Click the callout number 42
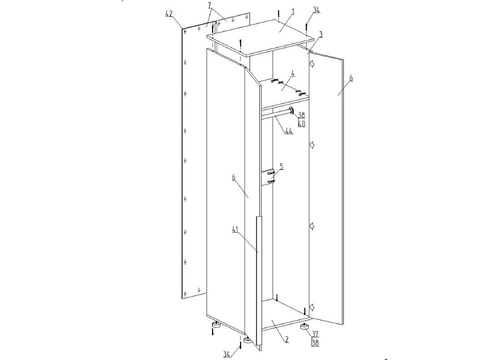169,13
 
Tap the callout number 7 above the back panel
209,5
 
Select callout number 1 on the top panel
293,12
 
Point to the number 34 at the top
316,10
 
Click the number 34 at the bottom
226,353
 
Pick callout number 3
321,34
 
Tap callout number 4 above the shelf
292,74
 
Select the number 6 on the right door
351,78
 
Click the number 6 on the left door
233,177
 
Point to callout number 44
289,130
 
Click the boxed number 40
301,123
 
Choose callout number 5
281,166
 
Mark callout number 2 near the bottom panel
286,339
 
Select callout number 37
315,334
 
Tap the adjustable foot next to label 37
304,327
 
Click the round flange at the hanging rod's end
291,111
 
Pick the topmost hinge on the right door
312,64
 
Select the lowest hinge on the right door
312,307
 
